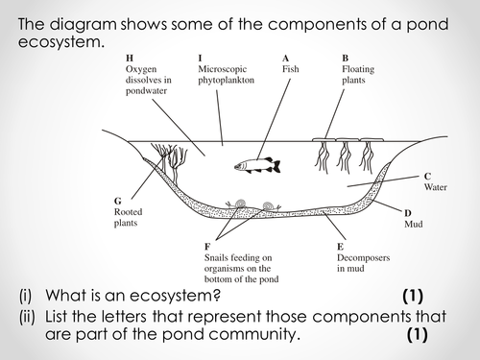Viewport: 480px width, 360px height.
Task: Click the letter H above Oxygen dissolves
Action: [130, 59]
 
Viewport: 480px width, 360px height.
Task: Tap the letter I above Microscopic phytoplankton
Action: [200, 59]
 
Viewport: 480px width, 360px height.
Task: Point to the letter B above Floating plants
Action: [346, 59]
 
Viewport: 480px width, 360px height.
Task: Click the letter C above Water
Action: [427, 176]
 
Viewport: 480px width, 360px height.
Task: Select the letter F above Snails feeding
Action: [207, 247]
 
